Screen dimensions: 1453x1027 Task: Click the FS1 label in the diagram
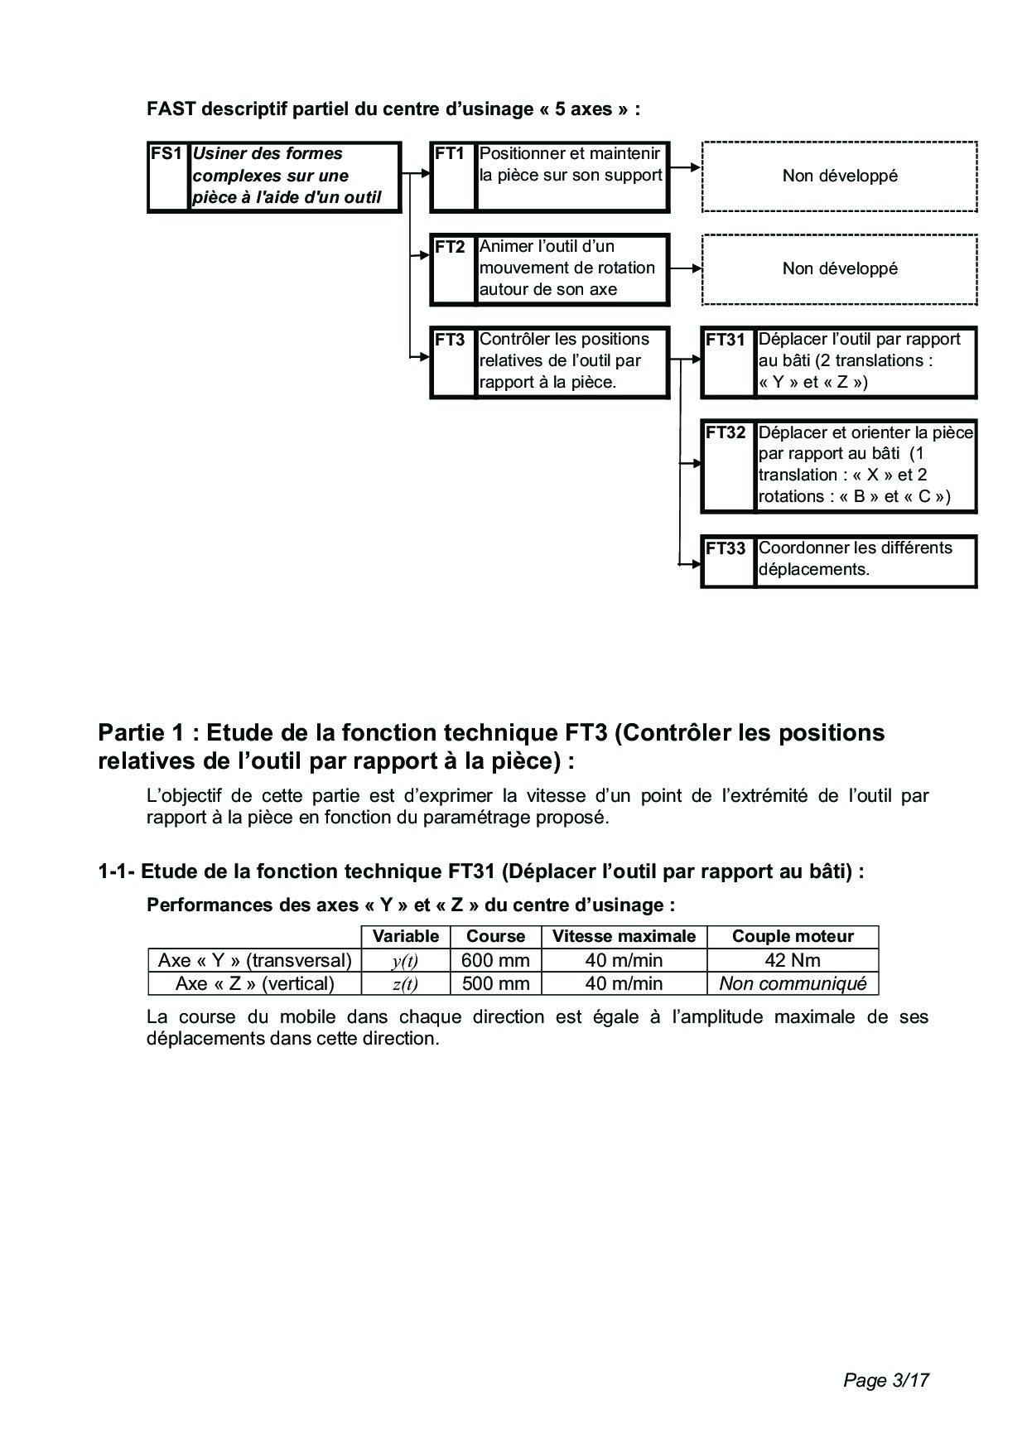click(166, 154)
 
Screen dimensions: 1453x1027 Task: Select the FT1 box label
click(450, 154)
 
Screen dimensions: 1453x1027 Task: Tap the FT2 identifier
click(450, 247)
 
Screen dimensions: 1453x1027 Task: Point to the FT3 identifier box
click(450, 340)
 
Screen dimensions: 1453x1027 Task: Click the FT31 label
click(726, 340)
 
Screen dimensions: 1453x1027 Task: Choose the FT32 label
click(726, 432)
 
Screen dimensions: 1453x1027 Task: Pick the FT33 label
click(726, 548)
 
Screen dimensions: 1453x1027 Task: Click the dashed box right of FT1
click(839, 176)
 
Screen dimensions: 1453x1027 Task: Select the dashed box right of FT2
click(839, 269)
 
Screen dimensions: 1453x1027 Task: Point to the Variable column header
click(405, 937)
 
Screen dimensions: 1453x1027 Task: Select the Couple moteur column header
click(793, 937)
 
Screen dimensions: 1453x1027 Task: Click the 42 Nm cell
click(793, 961)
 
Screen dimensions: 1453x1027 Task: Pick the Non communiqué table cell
click(793, 984)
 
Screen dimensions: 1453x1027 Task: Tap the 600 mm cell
click(495, 961)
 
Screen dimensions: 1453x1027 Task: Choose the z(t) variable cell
click(405, 984)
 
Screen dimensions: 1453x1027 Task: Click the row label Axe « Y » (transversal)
click(255, 961)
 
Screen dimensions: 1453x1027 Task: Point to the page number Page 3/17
click(885, 1380)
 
